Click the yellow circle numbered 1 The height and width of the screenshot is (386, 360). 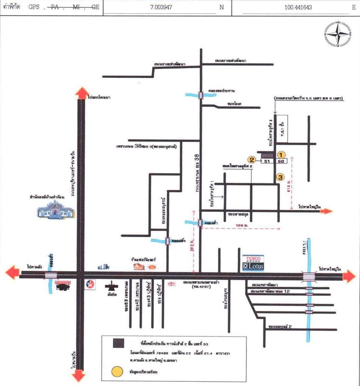(281, 154)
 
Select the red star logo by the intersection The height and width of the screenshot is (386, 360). (90, 284)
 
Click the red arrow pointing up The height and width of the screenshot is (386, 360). (81, 93)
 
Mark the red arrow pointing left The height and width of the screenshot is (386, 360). (13, 272)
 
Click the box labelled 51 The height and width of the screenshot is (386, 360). (267, 161)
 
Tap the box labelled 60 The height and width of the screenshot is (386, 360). (281, 161)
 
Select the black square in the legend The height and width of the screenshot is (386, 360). (118, 343)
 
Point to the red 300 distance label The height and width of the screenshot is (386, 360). (193, 248)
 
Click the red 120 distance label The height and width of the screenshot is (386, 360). (239, 226)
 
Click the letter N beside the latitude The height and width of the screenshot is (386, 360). (222, 7)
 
